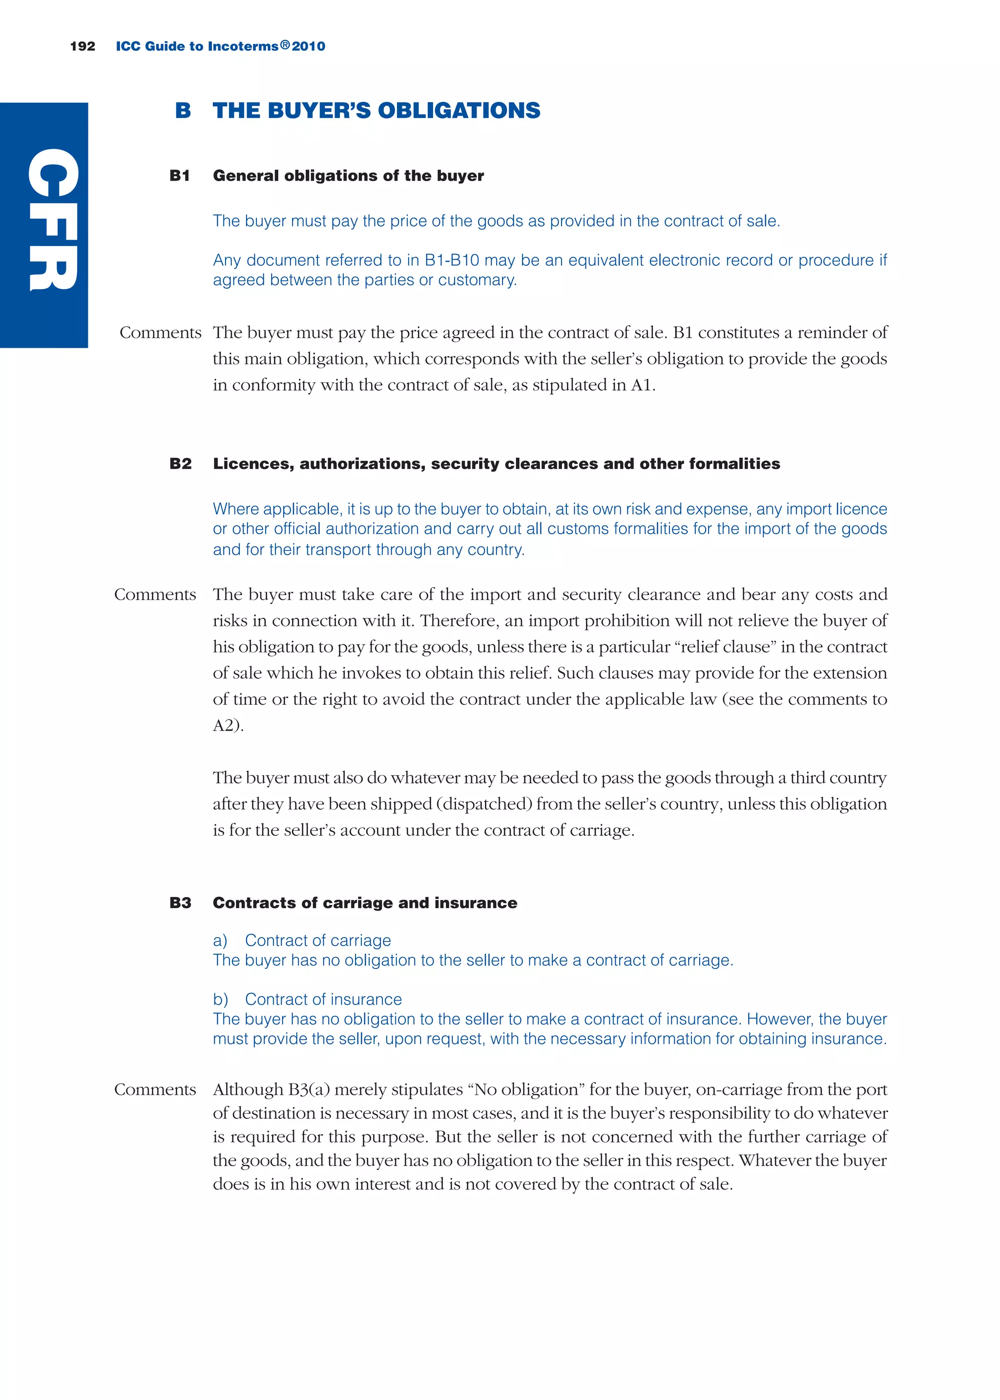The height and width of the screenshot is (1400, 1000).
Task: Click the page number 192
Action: (x=83, y=46)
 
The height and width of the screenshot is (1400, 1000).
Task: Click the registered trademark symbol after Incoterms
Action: (x=285, y=45)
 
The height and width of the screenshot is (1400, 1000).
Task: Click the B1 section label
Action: (x=179, y=176)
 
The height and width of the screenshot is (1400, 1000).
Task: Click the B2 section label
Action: (x=180, y=463)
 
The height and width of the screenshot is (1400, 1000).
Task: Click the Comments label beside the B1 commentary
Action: (x=160, y=333)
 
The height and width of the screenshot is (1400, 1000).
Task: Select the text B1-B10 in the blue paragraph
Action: (x=452, y=260)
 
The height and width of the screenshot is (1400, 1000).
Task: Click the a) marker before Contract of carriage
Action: (x=220, y=940)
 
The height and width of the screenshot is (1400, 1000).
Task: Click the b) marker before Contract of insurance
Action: (x=220, y=999)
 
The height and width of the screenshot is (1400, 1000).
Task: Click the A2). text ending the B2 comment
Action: (x=228, y=726)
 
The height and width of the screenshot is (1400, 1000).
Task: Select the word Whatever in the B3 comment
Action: (x=774, y=1161)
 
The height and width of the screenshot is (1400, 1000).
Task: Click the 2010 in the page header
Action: (x=309, y=46)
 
